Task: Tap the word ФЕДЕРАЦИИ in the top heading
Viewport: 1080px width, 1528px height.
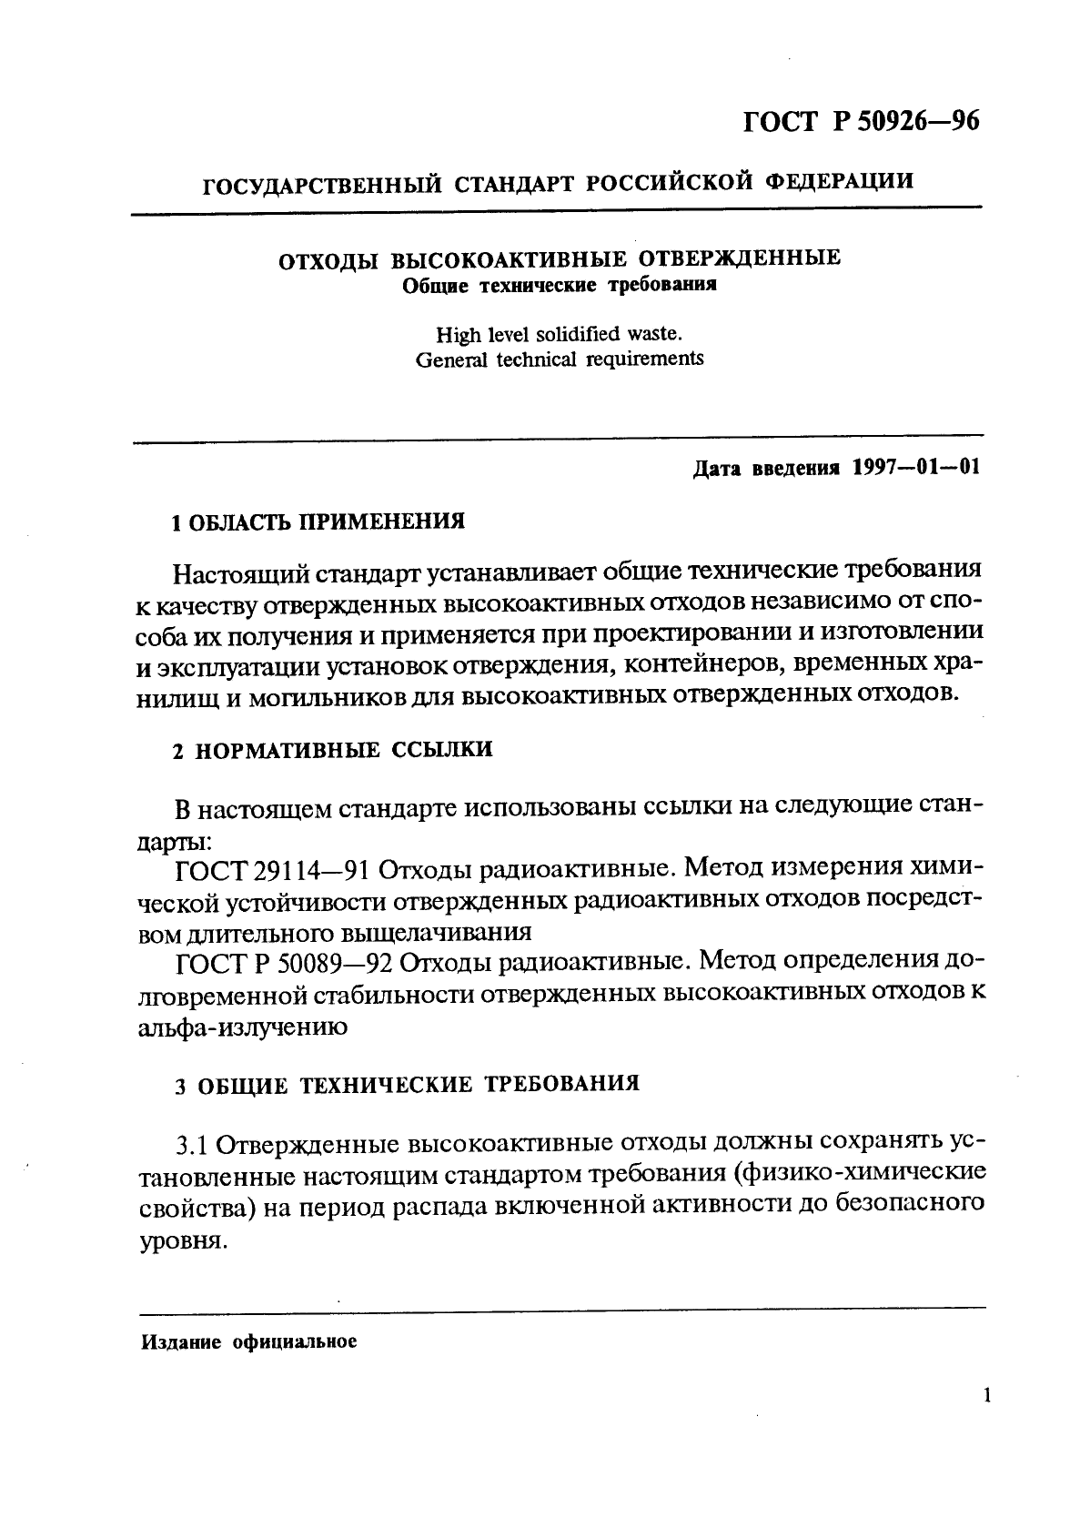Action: pos(840,179)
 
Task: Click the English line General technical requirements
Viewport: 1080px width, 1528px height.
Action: pos(559,359)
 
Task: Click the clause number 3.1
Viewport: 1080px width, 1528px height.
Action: pos(192,1143)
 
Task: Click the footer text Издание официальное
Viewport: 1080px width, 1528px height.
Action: pos(247,1341)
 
